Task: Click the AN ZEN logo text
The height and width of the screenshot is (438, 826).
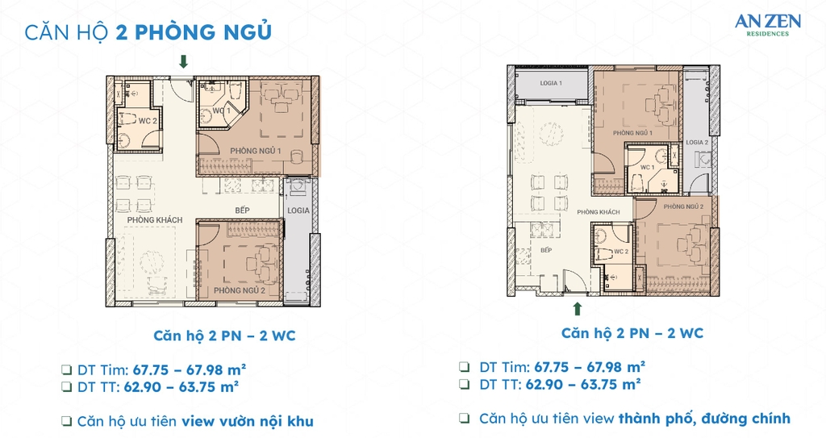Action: [x=767, y=23]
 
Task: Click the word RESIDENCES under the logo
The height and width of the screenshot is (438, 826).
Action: [x=767, y=35]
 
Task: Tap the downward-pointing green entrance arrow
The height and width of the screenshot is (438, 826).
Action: [x=184, y=61]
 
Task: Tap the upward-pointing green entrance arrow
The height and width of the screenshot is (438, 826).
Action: [x=577, y=308]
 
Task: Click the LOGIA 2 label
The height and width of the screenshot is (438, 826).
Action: [x=696, y=142]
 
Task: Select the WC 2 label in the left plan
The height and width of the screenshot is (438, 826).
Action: [x=148, y=120]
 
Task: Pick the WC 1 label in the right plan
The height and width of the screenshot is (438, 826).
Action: [x=647, y=167]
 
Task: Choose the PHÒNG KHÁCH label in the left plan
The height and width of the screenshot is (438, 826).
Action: [x=155, y=219]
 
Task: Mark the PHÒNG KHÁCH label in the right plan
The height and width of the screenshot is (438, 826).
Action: [x=598, y=212]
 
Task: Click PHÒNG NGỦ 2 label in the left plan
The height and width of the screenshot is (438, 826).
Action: [x=240, y=290]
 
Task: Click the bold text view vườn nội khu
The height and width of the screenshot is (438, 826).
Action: [x=247, y=421]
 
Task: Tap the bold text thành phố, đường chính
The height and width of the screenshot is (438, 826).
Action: [x=704, y=418]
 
